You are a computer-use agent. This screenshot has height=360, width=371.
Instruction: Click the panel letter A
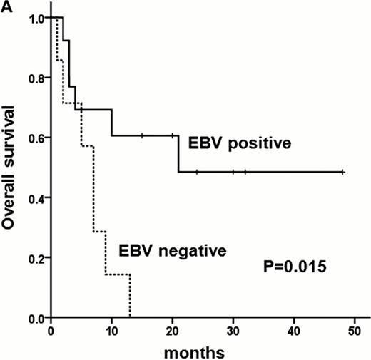pos(6,6)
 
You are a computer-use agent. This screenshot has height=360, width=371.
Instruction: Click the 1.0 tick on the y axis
pos(35,17)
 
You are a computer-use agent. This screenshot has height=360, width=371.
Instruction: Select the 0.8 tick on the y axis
pos(35,77)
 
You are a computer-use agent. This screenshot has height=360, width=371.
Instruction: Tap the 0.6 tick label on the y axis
pos(35,138)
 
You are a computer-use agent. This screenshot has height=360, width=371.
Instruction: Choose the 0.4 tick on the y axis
pos(35,197)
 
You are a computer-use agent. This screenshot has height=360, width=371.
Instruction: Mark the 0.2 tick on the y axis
pos(35,257)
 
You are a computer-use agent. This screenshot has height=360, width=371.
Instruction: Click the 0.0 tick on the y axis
pos(35,317)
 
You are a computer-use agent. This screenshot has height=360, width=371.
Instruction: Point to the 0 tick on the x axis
pos(51,330)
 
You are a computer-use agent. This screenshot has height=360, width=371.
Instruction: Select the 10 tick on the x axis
pos(111,330)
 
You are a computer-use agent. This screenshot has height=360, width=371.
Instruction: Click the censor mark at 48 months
pos(343,172)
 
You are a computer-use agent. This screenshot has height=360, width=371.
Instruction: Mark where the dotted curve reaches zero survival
pos(130,317)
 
